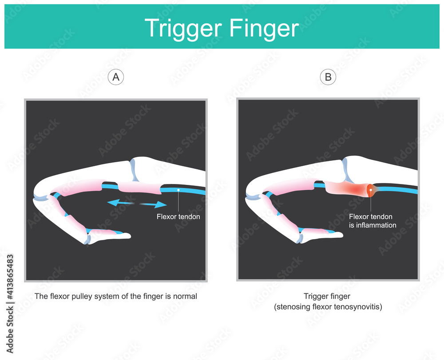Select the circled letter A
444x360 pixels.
pyautogui.click(x=116, y=77)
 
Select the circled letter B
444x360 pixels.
pyautogui.click(x=328, y=77)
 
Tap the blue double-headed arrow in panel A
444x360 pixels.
pyautogui.click(x=137, y=204)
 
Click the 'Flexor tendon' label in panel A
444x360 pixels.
pyautogui.click(x=178, y=217)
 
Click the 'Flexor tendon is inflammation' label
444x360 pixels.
pyautogui.click(x=372, y=221)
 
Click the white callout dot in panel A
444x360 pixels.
pyautogui.click(x=178, y=190)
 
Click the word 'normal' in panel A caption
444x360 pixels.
pyautogui.click(x=186, y=296)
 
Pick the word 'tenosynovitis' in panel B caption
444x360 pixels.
pyautogui.click(x=359, y=306)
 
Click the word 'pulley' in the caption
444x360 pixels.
pyautogui.click(x=75, y=296)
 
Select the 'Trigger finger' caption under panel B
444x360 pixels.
pyautogui.click(x=328, y=296)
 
